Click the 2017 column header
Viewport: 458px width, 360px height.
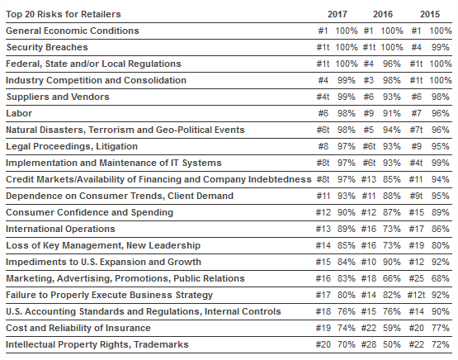[337, 14]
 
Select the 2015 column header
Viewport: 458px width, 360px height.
[430, 14]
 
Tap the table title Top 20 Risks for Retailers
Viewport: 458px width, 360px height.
[64, 14]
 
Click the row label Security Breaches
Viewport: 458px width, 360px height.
[47, 47]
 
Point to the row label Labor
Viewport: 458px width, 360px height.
[19, 113]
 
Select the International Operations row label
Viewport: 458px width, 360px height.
[60, 229]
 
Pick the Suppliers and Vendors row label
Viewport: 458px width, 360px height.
[58, 97]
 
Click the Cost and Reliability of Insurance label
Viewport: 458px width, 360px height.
[78, 328]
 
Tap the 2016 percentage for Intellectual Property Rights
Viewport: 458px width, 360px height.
[392, 344]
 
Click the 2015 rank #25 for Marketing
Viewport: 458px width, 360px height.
[416, 278]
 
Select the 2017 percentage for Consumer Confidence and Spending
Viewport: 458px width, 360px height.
[346, 212]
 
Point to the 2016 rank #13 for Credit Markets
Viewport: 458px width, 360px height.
[369, 179]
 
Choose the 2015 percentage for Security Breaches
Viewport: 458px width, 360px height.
[440, 47]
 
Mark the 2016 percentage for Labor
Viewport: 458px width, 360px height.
[392, 113]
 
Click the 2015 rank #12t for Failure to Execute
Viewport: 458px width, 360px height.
[416, 295]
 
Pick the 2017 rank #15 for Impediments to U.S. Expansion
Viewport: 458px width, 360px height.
[323, 262]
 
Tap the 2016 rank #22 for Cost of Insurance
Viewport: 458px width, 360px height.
[369, 328]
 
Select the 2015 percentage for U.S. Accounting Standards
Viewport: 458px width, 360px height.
[440, 311]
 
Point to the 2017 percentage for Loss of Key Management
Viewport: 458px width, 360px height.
[346, 245]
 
